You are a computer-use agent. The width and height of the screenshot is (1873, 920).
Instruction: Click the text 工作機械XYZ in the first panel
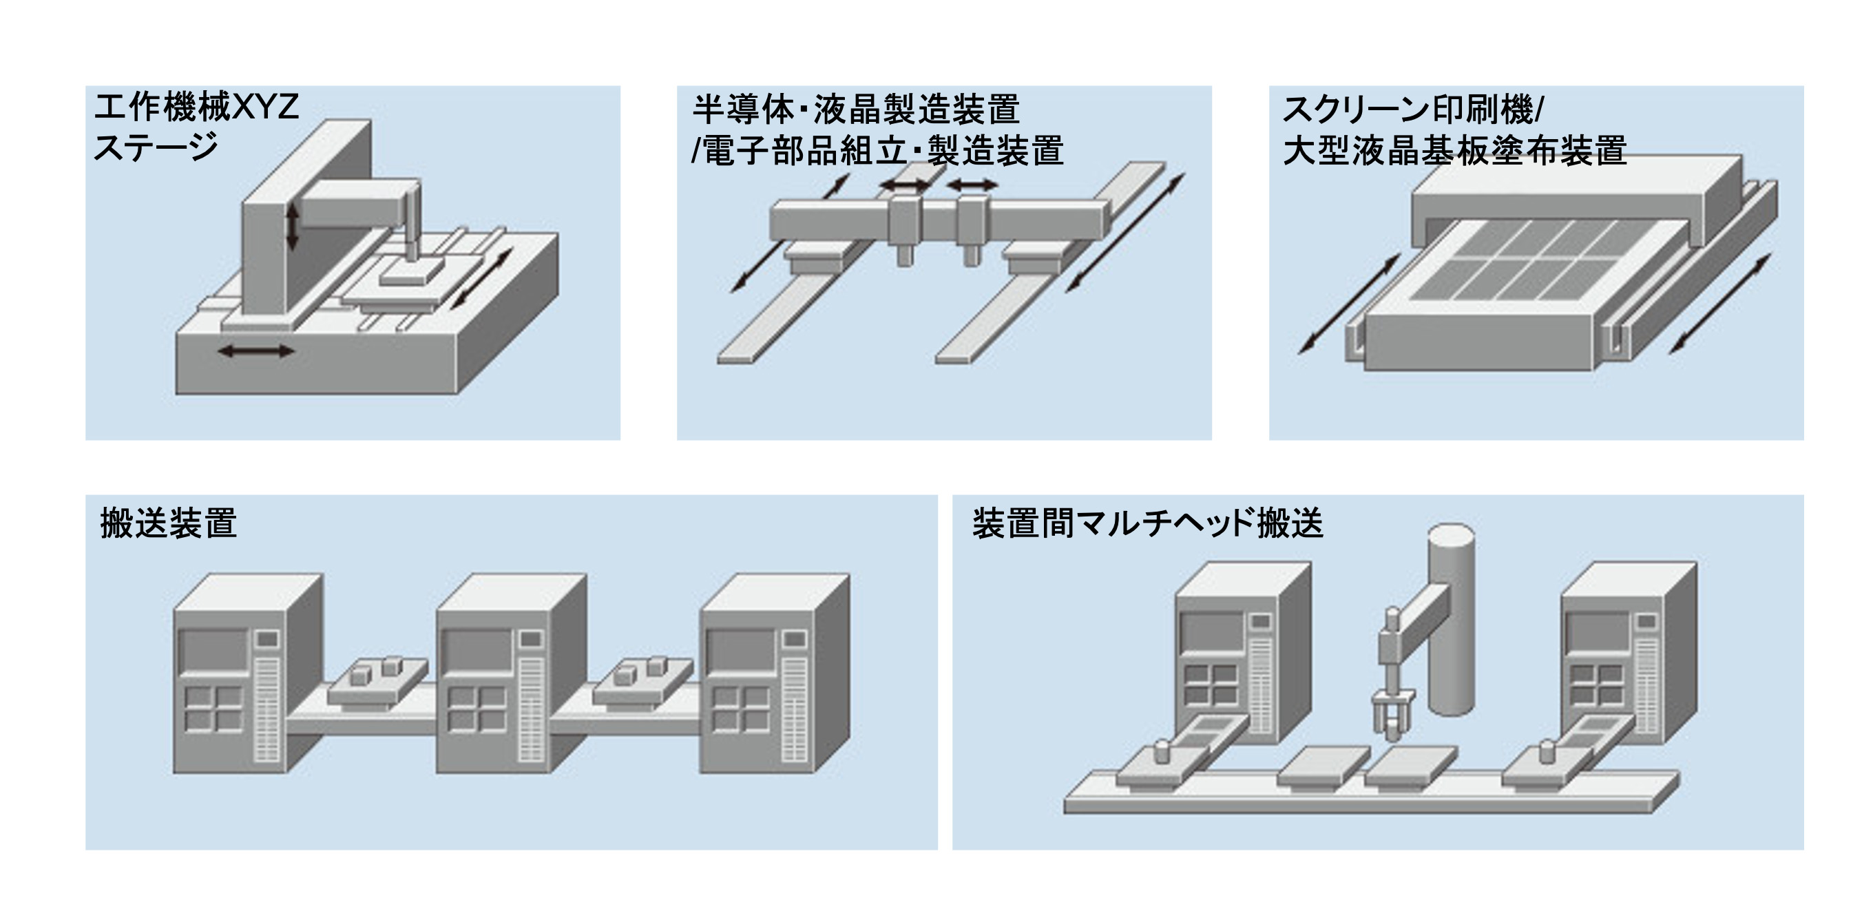point(196,107)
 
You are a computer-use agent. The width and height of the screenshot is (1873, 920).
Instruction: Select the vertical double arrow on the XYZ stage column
point(292,226)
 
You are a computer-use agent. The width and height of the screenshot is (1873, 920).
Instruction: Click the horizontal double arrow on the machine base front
point(256,351)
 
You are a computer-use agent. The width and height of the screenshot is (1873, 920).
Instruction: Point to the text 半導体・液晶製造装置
point(856,109)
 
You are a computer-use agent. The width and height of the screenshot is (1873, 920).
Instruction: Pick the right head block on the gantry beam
point(972,220)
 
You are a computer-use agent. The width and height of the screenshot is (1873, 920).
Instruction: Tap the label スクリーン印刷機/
point(1412,109)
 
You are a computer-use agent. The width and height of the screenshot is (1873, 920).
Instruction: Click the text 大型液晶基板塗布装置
point(1454,151)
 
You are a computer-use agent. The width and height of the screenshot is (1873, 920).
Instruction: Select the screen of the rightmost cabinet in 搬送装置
point(740,649)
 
